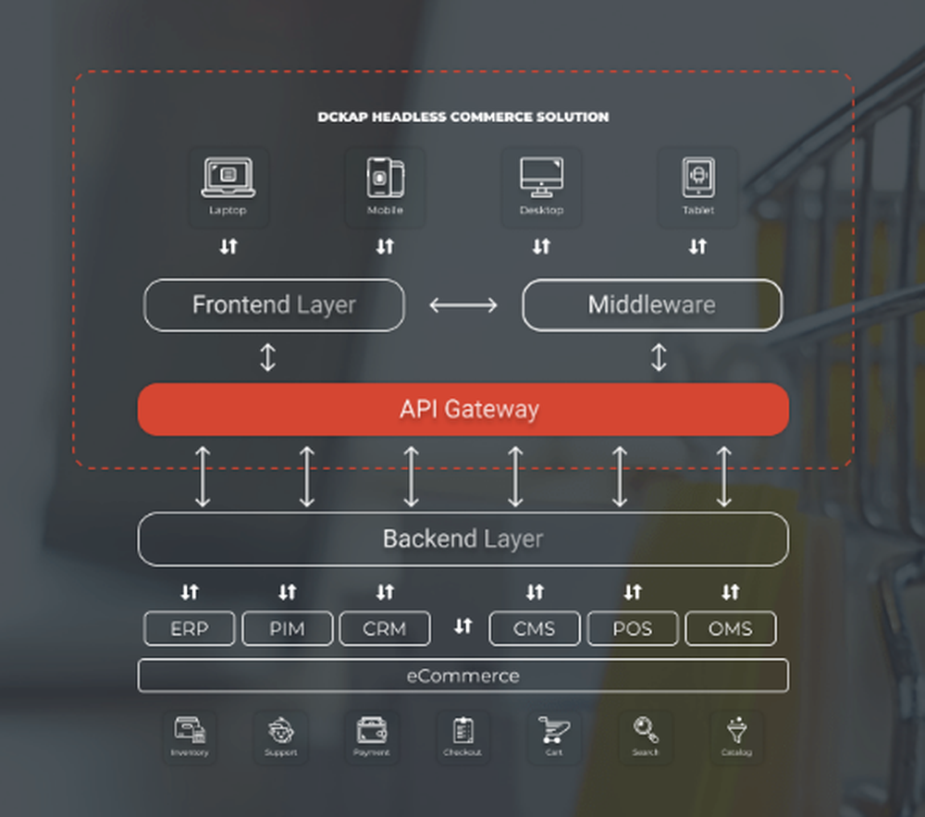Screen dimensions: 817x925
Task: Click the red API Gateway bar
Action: click(x=462, y=409)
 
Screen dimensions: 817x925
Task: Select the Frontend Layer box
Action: click(x=274, y=305)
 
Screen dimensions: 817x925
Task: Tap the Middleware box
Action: click(x=652, y=305)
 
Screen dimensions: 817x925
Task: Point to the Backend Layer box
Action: click(x=462, y=538)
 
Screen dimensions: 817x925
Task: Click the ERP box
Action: click(x=190, y=629)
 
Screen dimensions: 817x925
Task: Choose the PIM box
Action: click(x=288, y=629)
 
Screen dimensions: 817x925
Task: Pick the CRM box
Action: click(x=385, y=629)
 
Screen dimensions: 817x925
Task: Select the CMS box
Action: click(x=535, y=629)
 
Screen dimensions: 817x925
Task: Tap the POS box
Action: click(x=633, y=629)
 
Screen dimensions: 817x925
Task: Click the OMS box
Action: click(x=731, y=629)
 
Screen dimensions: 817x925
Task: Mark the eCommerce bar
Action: click(x=462, y=675)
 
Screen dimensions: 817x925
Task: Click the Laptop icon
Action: click(x=228, y=177)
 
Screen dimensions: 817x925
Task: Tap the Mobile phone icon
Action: click(x=385, y=177)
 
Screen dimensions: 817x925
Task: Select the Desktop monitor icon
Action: click(x=541, y=177)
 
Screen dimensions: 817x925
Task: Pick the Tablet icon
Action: click(x=698, y=177)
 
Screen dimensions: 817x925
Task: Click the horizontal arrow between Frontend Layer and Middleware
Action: click(x=463, y=305)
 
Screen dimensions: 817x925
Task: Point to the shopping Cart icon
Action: click(x=553, y=731)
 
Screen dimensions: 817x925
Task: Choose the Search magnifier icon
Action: click(x=646, y=730)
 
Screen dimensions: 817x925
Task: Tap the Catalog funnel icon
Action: click(x=736, y=730)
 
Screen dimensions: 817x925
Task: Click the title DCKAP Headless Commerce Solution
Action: click(x=463, y=118)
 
